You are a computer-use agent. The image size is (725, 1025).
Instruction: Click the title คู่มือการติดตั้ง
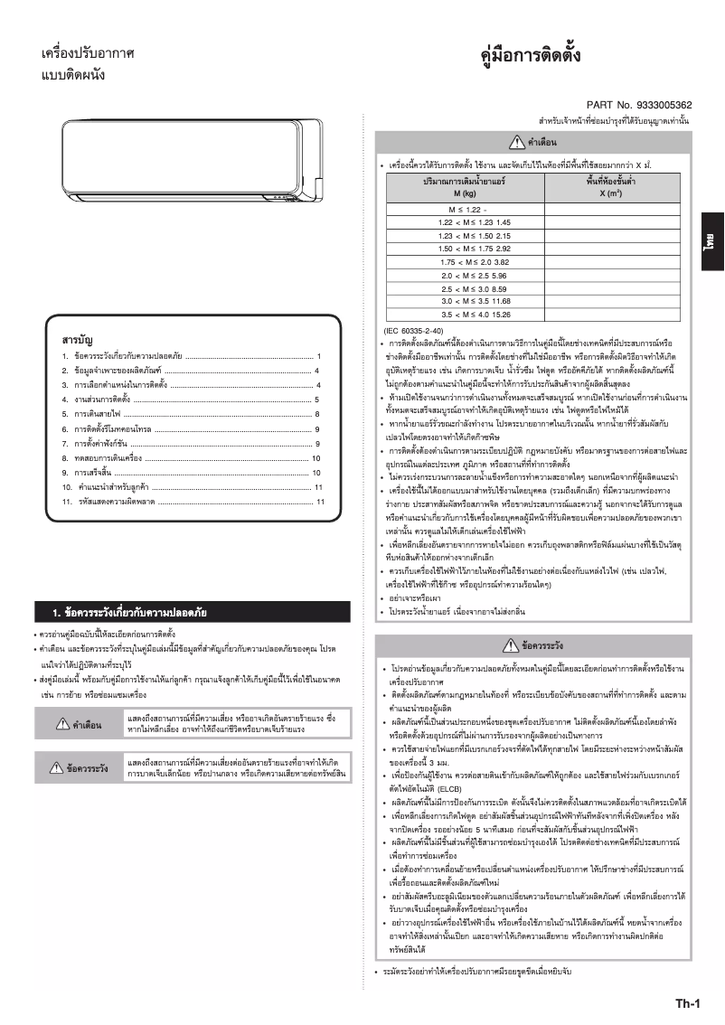(x=531, y=57)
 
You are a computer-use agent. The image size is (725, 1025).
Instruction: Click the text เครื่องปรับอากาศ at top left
(x=89, y=55)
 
